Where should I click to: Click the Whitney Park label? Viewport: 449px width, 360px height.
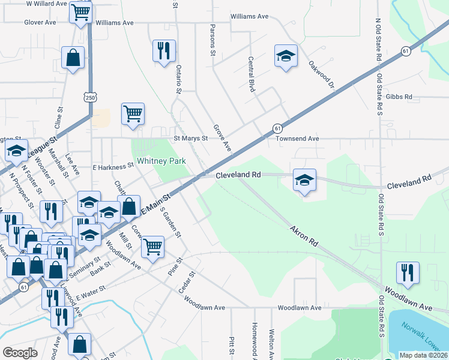[x=161, y=161]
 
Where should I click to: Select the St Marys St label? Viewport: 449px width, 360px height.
[x=190, y=138]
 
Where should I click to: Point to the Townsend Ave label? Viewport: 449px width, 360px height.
[x=297, y=138]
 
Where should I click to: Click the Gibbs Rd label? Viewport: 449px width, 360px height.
[x=399, y=97]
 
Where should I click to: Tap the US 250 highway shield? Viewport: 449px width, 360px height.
[x=89, y=97]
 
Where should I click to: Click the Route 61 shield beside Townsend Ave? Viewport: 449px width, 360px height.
[x=277, y=128]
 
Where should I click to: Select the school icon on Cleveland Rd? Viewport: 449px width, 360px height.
[x=305, y=180]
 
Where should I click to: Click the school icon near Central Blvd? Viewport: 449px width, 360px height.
[x=286, y=56]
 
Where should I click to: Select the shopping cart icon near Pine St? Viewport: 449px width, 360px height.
[x=153, y=245]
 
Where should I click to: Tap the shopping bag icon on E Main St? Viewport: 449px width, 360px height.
[x=129, y=207]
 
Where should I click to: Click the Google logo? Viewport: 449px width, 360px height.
[x=20, y=353]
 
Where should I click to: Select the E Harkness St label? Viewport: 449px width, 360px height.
[x=113, y=166]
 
